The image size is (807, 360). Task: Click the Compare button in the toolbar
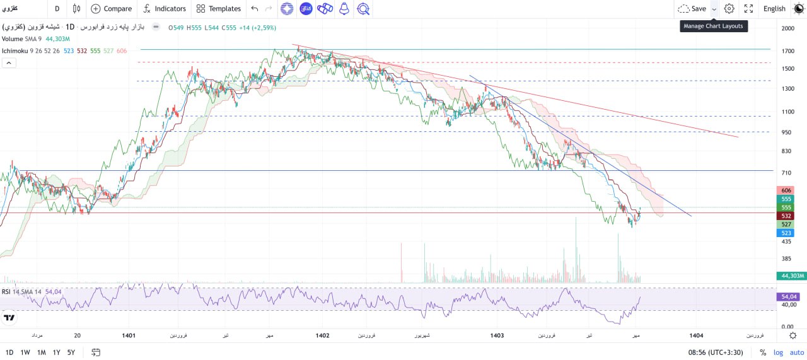[112, 9]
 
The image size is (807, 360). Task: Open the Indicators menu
[165, 9]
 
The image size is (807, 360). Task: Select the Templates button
[219, 9]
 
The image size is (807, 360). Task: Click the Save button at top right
[692, 9]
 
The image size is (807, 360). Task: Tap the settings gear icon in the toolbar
[729, 9]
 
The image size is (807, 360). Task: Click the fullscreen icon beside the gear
[748, 9]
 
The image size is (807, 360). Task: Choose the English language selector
[774, 9]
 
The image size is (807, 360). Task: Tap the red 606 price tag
[786, 190]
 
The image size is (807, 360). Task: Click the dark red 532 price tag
[786, 216]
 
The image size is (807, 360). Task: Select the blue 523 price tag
[786, 233]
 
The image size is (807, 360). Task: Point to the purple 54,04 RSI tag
[790, 296]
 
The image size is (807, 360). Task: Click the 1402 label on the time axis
[322, 335]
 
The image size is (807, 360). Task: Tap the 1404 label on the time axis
[696, 335]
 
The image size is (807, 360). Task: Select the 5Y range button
[71, 352]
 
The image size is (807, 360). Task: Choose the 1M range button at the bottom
[42, 352]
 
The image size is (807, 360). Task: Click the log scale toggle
[778, 352]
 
